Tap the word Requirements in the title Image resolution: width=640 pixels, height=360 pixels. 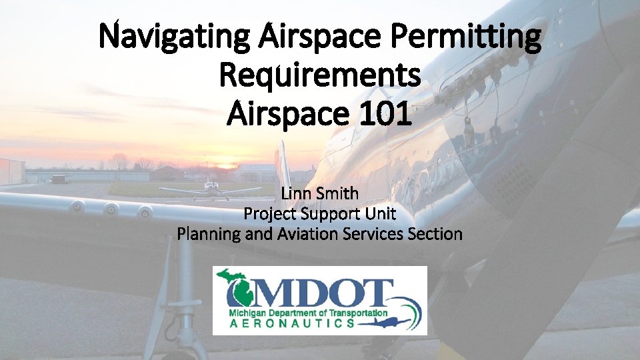click(x=319, y=76)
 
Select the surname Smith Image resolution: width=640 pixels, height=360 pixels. click(x=340, y=193)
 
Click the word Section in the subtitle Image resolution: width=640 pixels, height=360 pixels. click(x=435, y=234)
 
